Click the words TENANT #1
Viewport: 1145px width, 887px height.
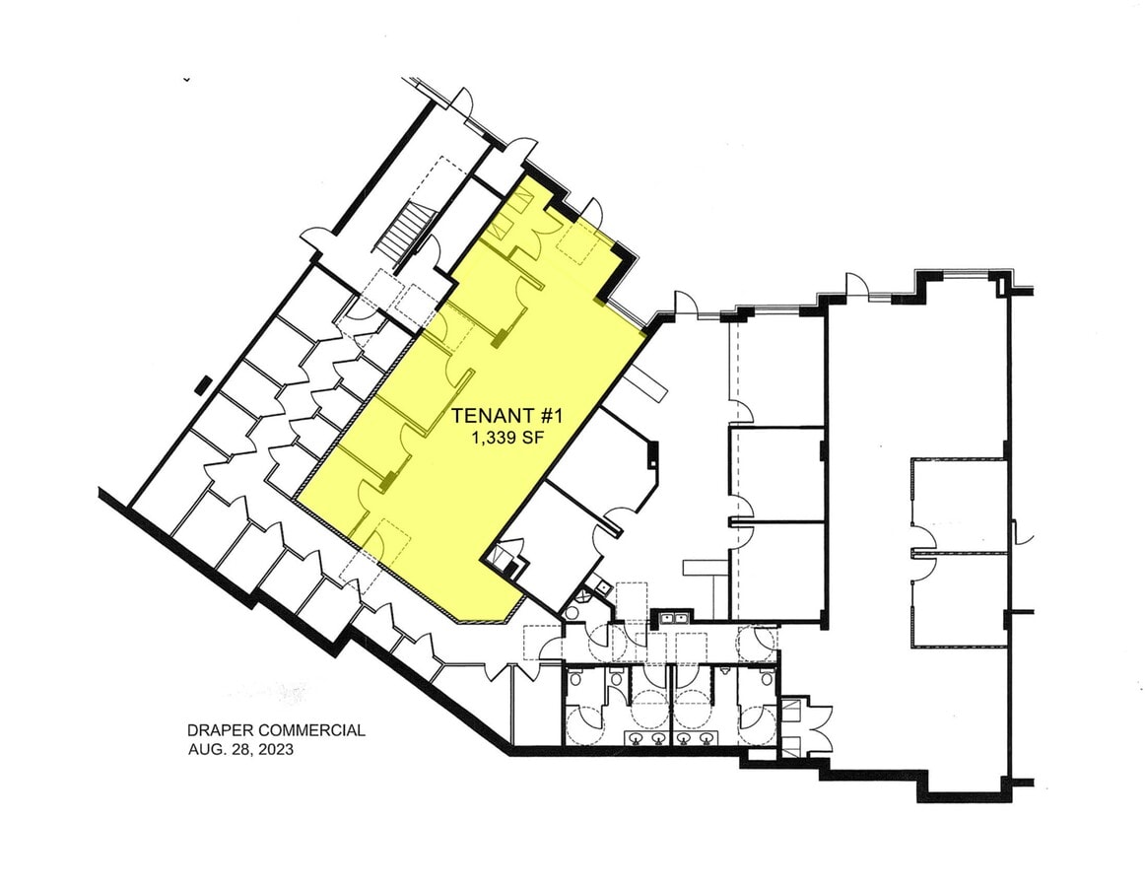pyautogui.click(x=506, y=416)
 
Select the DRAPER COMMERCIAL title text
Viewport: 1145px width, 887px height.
pyautogui.click(x=276, y=730)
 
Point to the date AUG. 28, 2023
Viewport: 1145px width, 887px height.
pyautogui.click(x=241, y=749)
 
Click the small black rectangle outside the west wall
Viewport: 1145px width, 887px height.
pyautogui.click(x=204, y=385)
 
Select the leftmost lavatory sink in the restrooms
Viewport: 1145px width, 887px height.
pyautogui.click(x=637, y=738)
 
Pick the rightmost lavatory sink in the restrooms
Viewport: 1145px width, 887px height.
pyautogui.click(x=707, y=738)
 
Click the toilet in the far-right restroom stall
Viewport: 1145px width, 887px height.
pyautogui.click(x=766, y=678)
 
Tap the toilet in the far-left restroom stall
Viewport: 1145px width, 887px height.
pyautogui.click(x=575, y=678)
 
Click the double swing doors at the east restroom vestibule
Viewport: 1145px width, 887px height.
pyautogui.click(x=817, y=731)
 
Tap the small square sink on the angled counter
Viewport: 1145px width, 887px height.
pyautogui.click(x=602, y=583)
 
